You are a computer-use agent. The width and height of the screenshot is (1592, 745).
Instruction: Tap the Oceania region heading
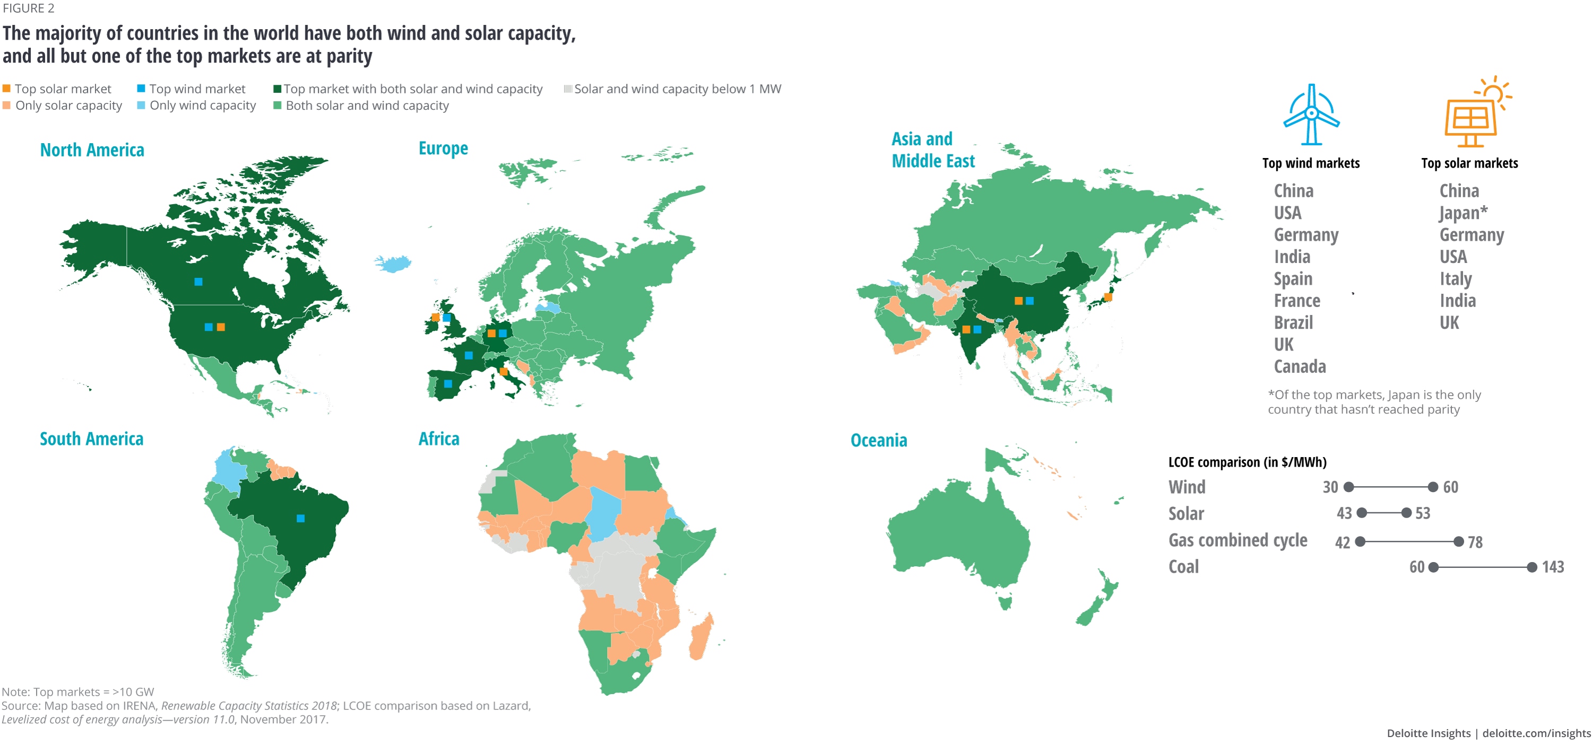click(x=878, y=441)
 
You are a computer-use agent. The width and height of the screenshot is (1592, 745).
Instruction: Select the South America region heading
click(x=91, y=439)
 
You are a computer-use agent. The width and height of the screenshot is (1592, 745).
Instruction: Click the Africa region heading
click(x=439, y=439)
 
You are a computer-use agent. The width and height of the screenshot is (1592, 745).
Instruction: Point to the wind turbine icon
click(x=1311, y=115)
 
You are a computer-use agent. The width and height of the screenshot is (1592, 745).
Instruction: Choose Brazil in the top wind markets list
click(x=1293, y=322)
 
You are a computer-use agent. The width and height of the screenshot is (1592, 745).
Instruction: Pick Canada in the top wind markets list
click(x=1300, y=366)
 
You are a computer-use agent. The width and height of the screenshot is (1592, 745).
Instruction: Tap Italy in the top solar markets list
click(x=1456, y=278)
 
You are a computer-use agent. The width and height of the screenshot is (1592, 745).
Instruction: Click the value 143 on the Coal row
click(x=1552, y=567)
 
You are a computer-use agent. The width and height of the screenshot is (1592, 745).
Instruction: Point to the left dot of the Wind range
click(x=1349, y=487)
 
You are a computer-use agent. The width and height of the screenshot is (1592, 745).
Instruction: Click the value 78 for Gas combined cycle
click(x=1475, y=542)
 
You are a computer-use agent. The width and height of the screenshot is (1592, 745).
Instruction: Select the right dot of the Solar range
click(x=1406, y=513)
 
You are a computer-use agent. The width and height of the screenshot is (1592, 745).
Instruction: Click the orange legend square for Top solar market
click(x=7, y=89)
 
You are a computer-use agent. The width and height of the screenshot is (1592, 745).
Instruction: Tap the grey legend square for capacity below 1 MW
click(x=567, y=89)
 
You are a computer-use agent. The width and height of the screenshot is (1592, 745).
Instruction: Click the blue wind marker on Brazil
click(x=300, y=518)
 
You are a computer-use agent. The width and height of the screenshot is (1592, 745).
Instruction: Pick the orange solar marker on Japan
click(x=1108, y=297)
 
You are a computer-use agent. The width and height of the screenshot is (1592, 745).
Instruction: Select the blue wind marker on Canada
click(x=198, y=282)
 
